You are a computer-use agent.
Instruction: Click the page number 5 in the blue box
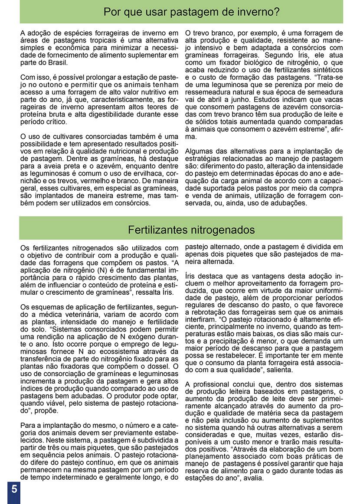click(14, 489)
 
